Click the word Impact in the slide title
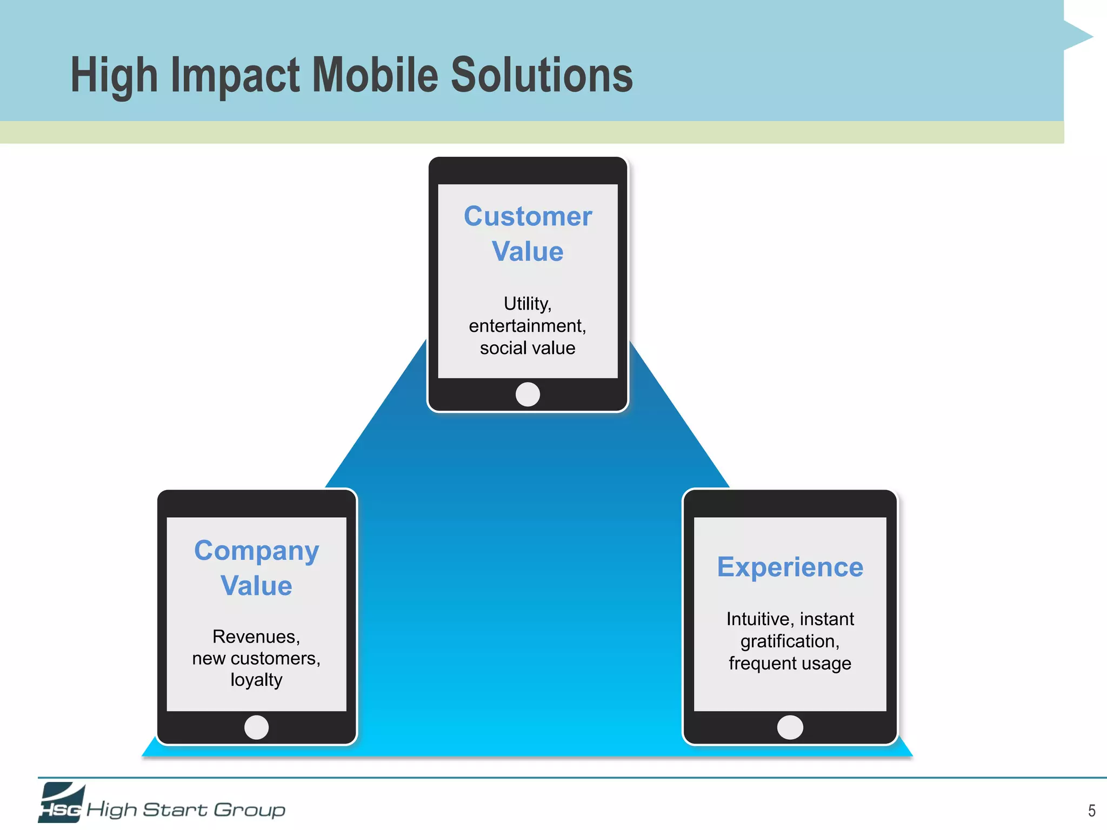coord(235,76)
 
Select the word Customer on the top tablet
coord(528,217)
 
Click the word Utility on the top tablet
coord(526,304)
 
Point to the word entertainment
coord(526,326)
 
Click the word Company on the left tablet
coord(256,551)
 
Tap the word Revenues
coord(255,637)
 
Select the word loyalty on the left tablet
coord(256,680)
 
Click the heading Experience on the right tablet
coord(790,567)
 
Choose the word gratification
coord(789,641)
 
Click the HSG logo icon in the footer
coord(61,804)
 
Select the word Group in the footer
coord(249,809)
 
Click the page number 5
coord(1091,811)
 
